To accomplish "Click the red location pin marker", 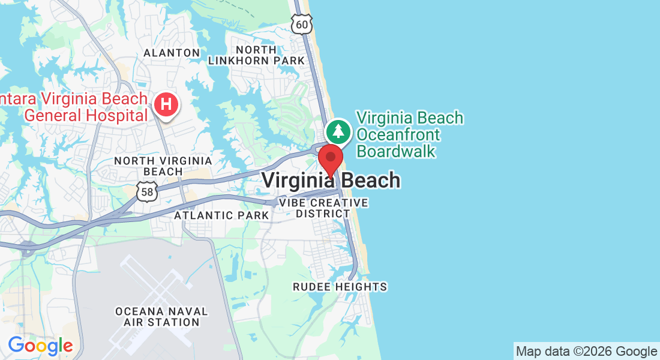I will (330, 159).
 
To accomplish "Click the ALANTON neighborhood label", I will (172, 53).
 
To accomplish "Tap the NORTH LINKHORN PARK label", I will (257, 55).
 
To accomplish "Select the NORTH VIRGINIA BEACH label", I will (163, 166).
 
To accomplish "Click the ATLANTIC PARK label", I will (221, 215).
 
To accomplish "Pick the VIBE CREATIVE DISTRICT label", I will (323, 208).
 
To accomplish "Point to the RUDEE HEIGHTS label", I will (340, 287).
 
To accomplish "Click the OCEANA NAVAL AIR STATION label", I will (161, 317).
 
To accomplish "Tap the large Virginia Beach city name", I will (331, 180).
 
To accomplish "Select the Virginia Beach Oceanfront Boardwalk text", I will (410, 134).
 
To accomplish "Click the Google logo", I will (40, 346).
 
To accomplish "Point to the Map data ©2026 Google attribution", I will (586, 352).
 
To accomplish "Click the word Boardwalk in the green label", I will (396, 151).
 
